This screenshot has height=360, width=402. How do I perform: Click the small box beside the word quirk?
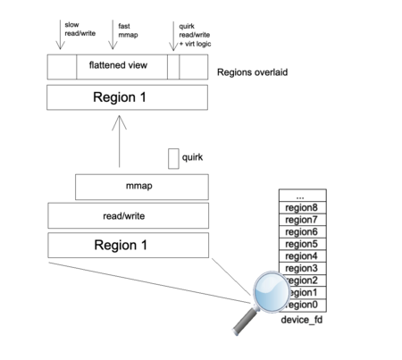[x=173, y=158]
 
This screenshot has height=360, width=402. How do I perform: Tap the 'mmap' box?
[x=142, y=188]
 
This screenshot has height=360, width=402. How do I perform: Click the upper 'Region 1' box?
[x=129, y=96]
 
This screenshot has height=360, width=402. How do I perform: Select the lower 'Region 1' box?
[x=129, y=245]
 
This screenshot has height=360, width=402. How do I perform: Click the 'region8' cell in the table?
[x=301, y=207]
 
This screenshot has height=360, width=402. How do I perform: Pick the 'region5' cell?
[x=301, y=244]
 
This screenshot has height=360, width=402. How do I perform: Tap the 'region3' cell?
[x=301, y=268]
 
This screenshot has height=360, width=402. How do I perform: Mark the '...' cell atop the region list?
[x=301, y=195]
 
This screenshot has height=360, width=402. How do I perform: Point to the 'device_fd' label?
[x=300, y=320]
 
